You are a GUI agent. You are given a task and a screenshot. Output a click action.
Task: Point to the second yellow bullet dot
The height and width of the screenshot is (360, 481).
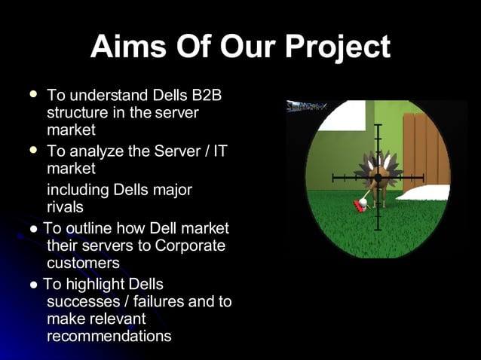[32, 151]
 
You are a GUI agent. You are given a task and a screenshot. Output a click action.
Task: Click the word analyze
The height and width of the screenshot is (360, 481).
[97, 151]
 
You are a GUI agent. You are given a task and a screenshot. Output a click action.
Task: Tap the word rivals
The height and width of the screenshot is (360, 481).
[65, 206]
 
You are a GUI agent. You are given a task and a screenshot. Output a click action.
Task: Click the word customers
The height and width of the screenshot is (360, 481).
[83, 263]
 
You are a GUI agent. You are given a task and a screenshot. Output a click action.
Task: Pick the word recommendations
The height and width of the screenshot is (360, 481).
[109, 336]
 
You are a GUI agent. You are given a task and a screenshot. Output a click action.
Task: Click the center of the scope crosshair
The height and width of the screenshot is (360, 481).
[378, 178]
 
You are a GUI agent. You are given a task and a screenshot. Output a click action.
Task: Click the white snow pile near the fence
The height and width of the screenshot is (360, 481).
[427, 193]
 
